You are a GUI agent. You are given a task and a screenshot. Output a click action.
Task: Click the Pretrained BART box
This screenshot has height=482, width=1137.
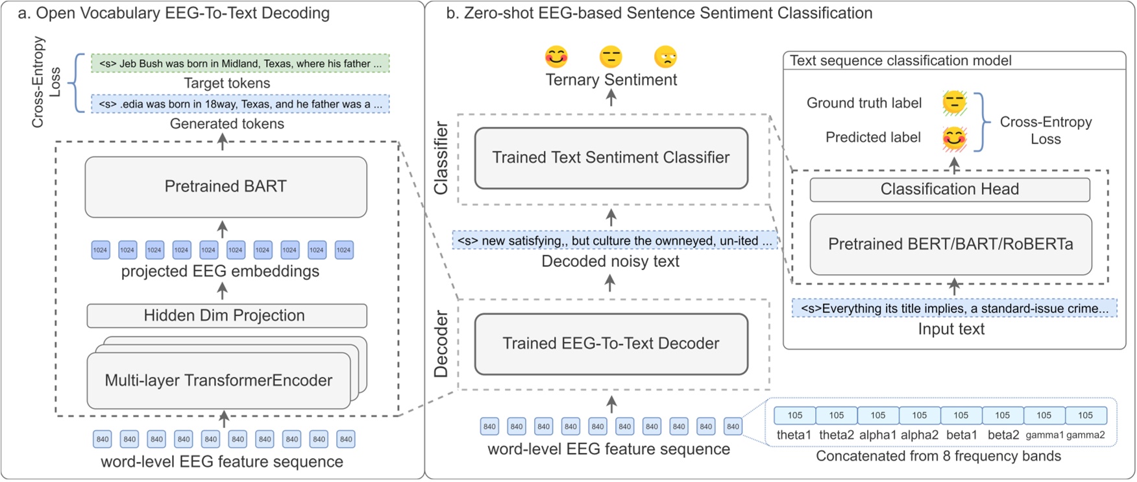225,187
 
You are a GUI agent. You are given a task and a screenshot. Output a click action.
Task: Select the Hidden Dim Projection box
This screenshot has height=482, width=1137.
226,316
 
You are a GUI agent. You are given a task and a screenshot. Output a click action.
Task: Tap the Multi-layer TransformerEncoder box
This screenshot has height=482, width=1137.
219,381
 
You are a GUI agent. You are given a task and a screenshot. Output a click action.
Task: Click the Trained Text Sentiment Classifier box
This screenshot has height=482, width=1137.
611,158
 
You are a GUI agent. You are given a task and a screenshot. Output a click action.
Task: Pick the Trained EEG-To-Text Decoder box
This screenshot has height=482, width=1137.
611,344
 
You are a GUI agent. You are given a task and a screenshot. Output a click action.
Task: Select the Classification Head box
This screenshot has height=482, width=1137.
949,190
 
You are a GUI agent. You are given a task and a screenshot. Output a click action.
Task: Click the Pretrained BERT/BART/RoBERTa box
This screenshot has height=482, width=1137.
950,244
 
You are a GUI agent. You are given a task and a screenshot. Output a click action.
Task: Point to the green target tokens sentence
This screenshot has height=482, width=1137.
240,64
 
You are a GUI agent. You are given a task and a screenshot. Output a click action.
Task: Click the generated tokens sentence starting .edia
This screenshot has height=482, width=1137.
240,104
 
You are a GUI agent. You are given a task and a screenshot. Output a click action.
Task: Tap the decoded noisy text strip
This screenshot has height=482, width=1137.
614,241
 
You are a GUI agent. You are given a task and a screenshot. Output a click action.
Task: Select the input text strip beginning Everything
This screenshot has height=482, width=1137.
954,309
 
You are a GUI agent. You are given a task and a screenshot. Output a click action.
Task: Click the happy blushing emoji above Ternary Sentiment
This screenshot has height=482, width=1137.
556,57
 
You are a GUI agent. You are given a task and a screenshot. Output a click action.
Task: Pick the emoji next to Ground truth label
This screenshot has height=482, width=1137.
954,103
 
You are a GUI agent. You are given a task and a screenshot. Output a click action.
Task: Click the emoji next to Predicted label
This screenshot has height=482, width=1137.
954,138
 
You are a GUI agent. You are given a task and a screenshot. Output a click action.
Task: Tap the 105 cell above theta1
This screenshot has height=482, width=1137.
795,415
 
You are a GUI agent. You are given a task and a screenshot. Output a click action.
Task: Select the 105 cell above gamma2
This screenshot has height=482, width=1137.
1085,415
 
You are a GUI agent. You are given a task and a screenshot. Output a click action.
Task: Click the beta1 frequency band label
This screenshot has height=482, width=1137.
961,435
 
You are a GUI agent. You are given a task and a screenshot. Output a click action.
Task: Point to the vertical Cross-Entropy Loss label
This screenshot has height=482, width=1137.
46,81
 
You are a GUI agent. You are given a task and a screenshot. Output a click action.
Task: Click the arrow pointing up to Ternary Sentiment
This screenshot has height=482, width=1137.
611,98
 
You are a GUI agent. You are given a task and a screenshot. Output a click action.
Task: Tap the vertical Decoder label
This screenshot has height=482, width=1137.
441,344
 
